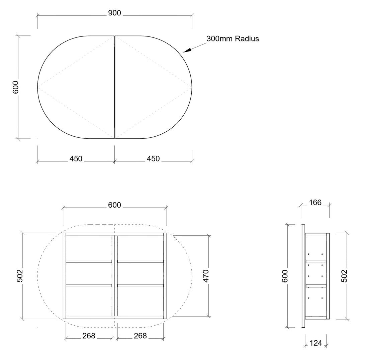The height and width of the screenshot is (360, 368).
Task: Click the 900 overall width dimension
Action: point(114,13)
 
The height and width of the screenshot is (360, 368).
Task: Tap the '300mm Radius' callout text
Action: point(233,38)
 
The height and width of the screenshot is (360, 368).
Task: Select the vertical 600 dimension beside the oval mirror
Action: point(15,87)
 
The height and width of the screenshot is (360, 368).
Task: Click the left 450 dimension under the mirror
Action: point(76,159)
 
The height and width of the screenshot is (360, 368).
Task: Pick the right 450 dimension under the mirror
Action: point(153,159)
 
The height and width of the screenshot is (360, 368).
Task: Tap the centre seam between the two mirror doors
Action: point(114,87)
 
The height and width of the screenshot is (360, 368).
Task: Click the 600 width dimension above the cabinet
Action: point(114,205)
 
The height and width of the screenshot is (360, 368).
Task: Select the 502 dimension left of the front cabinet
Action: point(20,276)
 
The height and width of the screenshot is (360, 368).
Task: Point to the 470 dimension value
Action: point(206,276)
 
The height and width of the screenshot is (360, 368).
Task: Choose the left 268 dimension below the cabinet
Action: point(89,336)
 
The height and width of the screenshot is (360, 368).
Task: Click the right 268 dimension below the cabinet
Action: point(141,336)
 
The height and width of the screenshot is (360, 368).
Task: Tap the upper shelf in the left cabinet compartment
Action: point(89,261)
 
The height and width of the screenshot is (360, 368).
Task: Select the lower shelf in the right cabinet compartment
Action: point(141,286)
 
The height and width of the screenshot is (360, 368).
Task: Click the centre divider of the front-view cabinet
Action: point(114,276)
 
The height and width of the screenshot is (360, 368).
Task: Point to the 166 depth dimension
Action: point(315,203)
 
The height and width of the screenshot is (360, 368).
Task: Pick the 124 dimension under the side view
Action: point(316,343)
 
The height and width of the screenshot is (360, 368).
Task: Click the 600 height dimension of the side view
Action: point(285,276)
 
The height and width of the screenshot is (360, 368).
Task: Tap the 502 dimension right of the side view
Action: point(344,276)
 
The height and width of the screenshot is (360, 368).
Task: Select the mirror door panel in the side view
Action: point(303,276)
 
